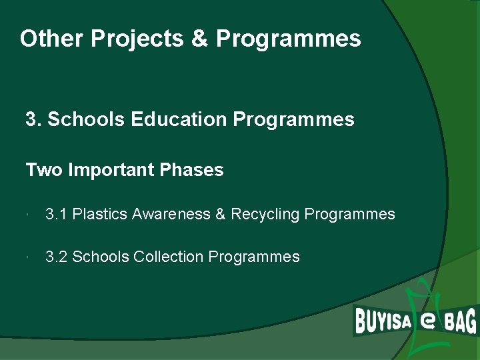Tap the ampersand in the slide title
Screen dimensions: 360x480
199,39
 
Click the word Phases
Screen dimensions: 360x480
191,171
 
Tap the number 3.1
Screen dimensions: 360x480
56,215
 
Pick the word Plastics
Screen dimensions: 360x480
100,215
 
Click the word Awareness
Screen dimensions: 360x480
171,215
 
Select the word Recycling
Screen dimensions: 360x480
266,215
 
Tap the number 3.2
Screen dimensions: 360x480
56,257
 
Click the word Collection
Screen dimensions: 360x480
169,257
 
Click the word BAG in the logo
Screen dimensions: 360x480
460,323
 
